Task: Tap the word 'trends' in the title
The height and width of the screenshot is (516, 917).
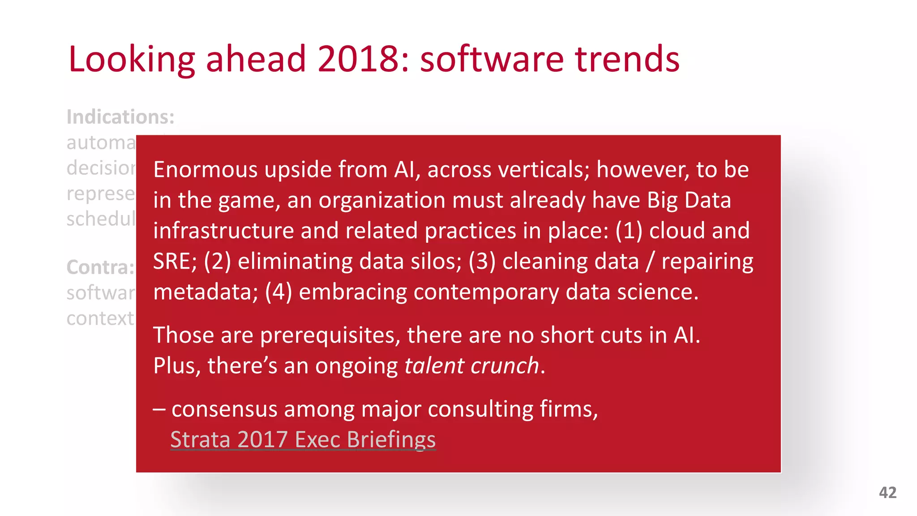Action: (x=627, y=59)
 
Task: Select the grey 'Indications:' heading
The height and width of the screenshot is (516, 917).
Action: (x=120, y=117)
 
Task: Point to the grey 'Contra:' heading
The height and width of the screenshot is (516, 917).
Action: (x=100, y=267)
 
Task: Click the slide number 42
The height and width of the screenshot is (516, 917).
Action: (x=887, y=493)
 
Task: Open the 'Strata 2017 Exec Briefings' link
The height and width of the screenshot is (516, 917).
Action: (x=303, y=439)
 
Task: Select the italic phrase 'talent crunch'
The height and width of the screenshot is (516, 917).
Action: (x=471, y=365)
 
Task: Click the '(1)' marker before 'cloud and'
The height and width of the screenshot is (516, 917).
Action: (x=629, y=231)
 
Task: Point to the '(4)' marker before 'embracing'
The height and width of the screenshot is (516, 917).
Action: (x=279, y=292)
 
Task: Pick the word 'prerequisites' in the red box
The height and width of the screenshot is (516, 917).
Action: (x=330, y=335)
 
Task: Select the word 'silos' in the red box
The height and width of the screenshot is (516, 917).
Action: (x=438, y=261)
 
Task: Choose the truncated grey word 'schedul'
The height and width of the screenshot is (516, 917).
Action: (x=101, y=219)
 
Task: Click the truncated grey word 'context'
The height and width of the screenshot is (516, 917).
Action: (x=100, y=318)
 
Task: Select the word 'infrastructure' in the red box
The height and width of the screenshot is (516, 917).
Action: (x=223, y=231)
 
